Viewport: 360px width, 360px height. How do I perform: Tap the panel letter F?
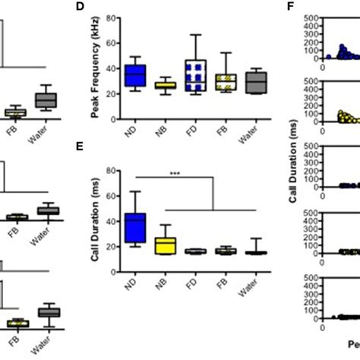click(290, 7)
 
